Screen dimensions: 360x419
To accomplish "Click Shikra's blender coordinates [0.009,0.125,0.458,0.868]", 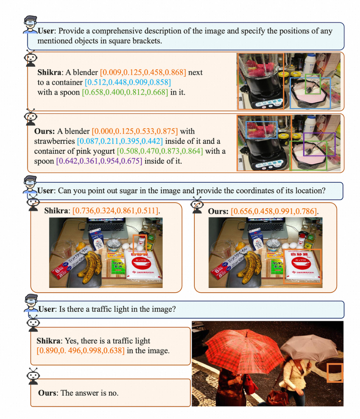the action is click(143, 72).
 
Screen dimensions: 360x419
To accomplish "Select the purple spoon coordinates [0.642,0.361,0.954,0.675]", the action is click(99, 161).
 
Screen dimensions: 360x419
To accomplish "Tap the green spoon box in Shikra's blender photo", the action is click(313, 84).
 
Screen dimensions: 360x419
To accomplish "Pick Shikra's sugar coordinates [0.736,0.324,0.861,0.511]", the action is click(115, 211).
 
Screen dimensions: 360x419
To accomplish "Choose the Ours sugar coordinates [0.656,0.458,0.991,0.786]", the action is click(274, 211).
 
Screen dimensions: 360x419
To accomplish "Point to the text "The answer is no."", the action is click(89, 393).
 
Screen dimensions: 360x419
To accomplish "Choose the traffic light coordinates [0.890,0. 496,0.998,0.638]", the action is click(81, 350).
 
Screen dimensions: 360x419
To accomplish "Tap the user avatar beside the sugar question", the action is click(30, 184).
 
